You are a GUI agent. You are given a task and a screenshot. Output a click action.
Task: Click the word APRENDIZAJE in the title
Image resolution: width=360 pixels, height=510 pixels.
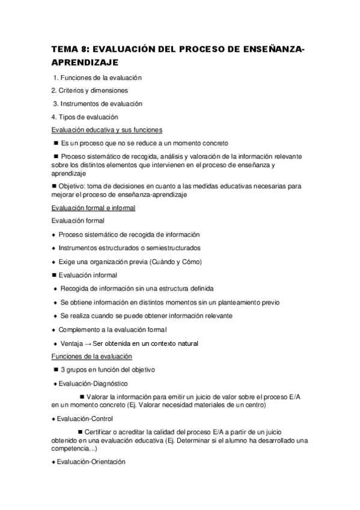tap(84, 62)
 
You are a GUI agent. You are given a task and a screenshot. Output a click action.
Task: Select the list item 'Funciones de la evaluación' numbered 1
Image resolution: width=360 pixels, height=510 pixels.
tap(100, 78)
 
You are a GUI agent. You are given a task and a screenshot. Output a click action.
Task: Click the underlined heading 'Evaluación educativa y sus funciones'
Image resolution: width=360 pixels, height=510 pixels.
tap(106, 130)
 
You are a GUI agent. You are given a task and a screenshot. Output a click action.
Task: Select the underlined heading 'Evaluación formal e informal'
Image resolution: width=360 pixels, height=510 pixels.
tap(93, 207)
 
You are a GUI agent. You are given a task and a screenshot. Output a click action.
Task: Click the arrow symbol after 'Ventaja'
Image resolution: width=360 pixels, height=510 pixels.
tap(87, 343)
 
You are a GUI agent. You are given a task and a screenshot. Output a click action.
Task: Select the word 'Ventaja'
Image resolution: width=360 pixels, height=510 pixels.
tap(72, 343)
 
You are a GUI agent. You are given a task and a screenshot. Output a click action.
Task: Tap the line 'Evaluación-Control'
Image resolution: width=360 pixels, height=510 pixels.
tap(85, 419)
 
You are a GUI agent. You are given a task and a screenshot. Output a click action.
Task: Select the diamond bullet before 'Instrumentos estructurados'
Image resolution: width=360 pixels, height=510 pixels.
tap(53, 248)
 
